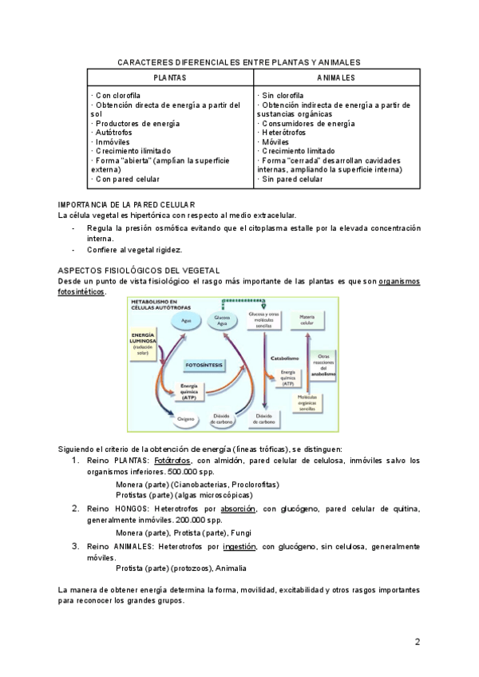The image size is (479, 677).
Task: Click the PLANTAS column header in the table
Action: (x=170, y=77)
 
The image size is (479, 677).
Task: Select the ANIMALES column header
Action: (x=335, y=77)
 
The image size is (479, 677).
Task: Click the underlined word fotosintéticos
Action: (x=81, y=291)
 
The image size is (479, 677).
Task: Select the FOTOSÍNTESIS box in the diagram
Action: (x=204, y=364)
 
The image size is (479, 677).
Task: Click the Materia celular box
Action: (x=307, y=319)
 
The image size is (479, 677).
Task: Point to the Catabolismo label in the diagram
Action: (x=285, y=358)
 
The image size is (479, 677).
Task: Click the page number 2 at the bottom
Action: (x=417, y=642)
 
